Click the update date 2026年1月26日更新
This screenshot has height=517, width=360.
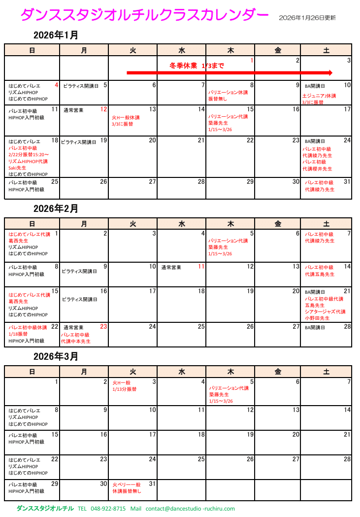307,18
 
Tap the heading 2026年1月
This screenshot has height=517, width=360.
56,35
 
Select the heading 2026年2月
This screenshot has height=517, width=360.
56,208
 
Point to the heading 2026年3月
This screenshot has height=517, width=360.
56,356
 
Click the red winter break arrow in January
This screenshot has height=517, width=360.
229,72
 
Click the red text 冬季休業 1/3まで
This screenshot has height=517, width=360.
196,65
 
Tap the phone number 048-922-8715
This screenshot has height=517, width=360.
108,509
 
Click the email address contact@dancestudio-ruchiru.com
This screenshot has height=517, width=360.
190,509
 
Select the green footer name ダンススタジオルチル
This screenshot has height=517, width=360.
45,509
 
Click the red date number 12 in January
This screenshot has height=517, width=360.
103,109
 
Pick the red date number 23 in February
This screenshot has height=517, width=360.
103,326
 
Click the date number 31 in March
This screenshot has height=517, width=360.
152,483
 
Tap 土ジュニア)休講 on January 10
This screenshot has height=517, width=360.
319,96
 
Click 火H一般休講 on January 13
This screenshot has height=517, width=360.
126,117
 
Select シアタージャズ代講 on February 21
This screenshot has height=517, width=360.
325,311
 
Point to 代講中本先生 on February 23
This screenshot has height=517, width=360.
76,341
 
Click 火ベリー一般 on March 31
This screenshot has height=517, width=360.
127,485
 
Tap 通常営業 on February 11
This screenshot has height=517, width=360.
171,268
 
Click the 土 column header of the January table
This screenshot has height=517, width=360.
326,50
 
